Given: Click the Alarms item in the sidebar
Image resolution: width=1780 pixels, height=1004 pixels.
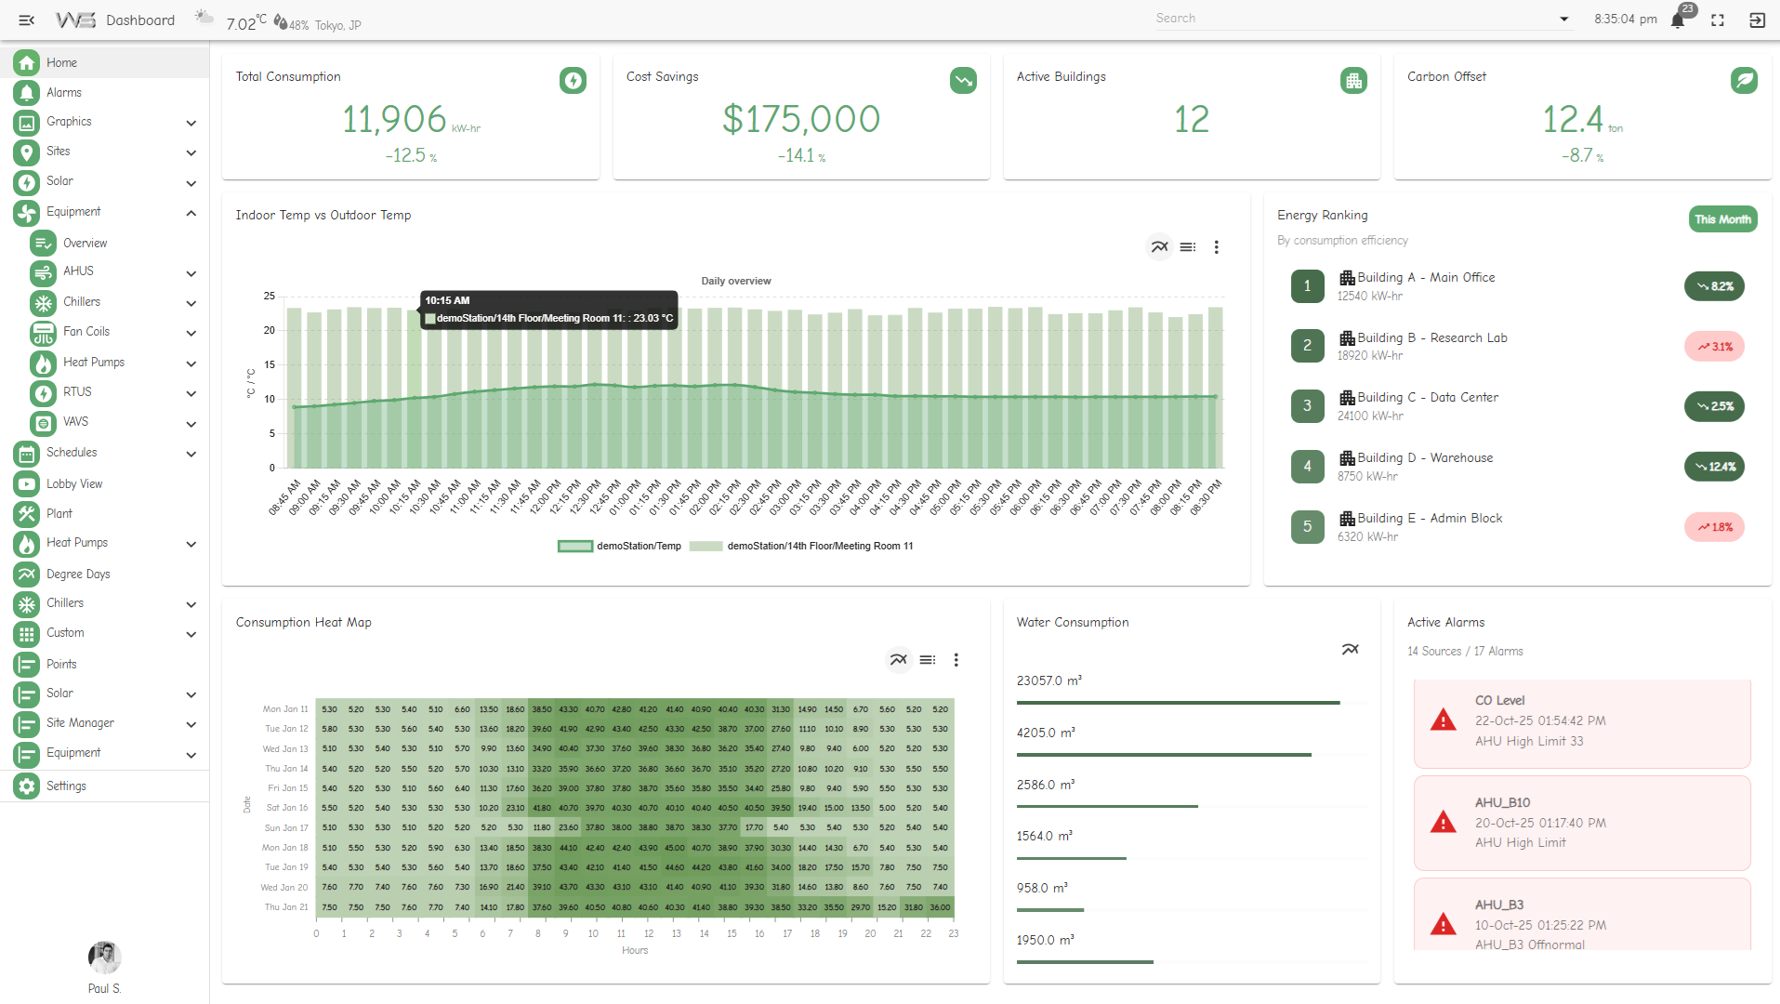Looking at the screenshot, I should pos(63,92).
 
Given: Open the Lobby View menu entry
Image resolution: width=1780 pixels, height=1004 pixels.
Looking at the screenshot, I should pos(74,483).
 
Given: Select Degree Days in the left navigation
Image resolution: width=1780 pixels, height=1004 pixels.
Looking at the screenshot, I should pos(78,574).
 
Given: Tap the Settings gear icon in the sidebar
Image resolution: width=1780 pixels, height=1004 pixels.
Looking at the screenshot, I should pos(27,786).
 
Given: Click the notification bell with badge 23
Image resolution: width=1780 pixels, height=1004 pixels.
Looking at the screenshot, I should pos(1678,20).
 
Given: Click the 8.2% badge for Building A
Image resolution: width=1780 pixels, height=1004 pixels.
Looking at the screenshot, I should pos(1714,286).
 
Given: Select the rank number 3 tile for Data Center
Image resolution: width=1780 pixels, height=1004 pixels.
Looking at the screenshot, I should pos(1307,405).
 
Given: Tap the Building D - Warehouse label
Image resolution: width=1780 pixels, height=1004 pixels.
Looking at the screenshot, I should pos(1425,457).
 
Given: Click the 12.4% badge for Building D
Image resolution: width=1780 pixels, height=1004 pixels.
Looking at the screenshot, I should pos(1714,467).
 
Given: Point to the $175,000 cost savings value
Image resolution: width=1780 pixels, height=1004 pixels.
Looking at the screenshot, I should pos(801,119).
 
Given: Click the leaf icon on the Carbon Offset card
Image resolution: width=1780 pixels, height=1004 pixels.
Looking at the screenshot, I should pos(1744,81).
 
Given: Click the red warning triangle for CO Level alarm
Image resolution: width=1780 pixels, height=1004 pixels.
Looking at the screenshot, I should pos(1443,720).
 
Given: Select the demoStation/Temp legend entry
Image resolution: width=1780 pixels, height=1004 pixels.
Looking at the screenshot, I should pos(620,547).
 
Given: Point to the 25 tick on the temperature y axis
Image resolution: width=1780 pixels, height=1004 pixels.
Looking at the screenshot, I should pos(270,297).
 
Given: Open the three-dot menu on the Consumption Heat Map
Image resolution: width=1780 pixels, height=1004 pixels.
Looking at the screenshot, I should pos(956,660).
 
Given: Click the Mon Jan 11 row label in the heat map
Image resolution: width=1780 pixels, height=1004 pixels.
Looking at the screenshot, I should pos(284,709).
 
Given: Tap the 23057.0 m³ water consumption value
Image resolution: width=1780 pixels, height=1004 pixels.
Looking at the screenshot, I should pos(1048,680).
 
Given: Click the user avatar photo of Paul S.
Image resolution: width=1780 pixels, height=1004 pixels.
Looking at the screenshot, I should pos(104,957).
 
